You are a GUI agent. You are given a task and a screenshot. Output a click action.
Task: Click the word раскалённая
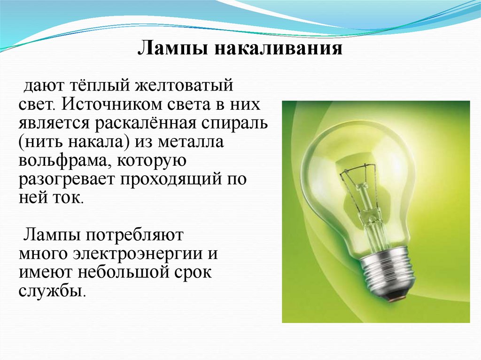[x=149, y=123]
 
